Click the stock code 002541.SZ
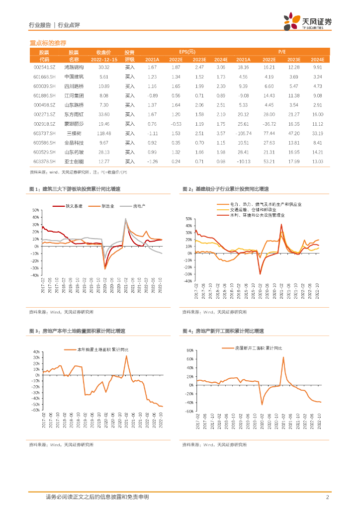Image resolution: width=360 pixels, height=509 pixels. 44,67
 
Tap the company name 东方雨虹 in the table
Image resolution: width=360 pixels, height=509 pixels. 74,114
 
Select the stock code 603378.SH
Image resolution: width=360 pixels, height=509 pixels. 44,162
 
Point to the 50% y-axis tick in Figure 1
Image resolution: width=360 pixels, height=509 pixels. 35,210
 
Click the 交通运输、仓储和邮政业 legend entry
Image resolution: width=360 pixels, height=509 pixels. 253,210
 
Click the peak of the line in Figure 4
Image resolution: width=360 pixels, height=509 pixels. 283,357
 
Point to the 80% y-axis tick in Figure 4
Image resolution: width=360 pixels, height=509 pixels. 189,350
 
